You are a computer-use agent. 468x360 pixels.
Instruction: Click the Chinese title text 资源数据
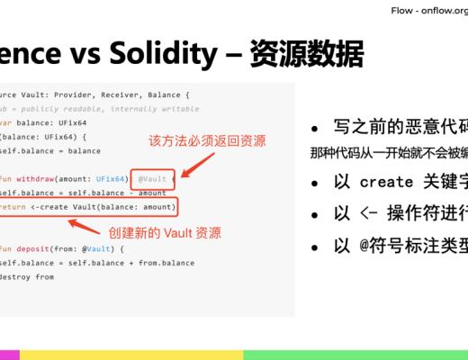310,54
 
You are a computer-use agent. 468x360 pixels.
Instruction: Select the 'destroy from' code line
27,276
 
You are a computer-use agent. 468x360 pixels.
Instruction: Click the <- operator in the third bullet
370,215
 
